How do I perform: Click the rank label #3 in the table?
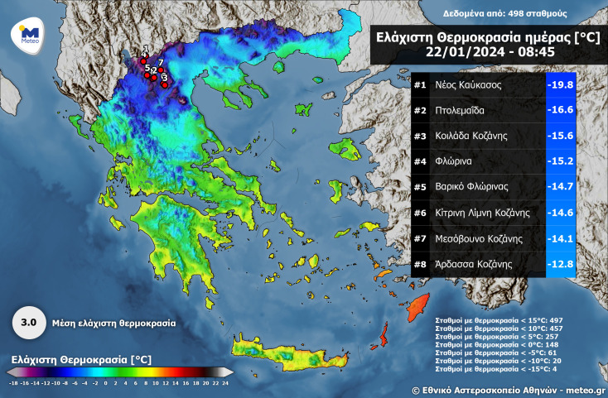[x=419, y=136]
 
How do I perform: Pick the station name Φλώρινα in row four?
[x=454, y=161]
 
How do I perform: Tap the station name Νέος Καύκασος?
[x=467, y=85]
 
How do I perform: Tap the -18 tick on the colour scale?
[x=13, y=384]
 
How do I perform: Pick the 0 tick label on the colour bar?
[x=105, y=384]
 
